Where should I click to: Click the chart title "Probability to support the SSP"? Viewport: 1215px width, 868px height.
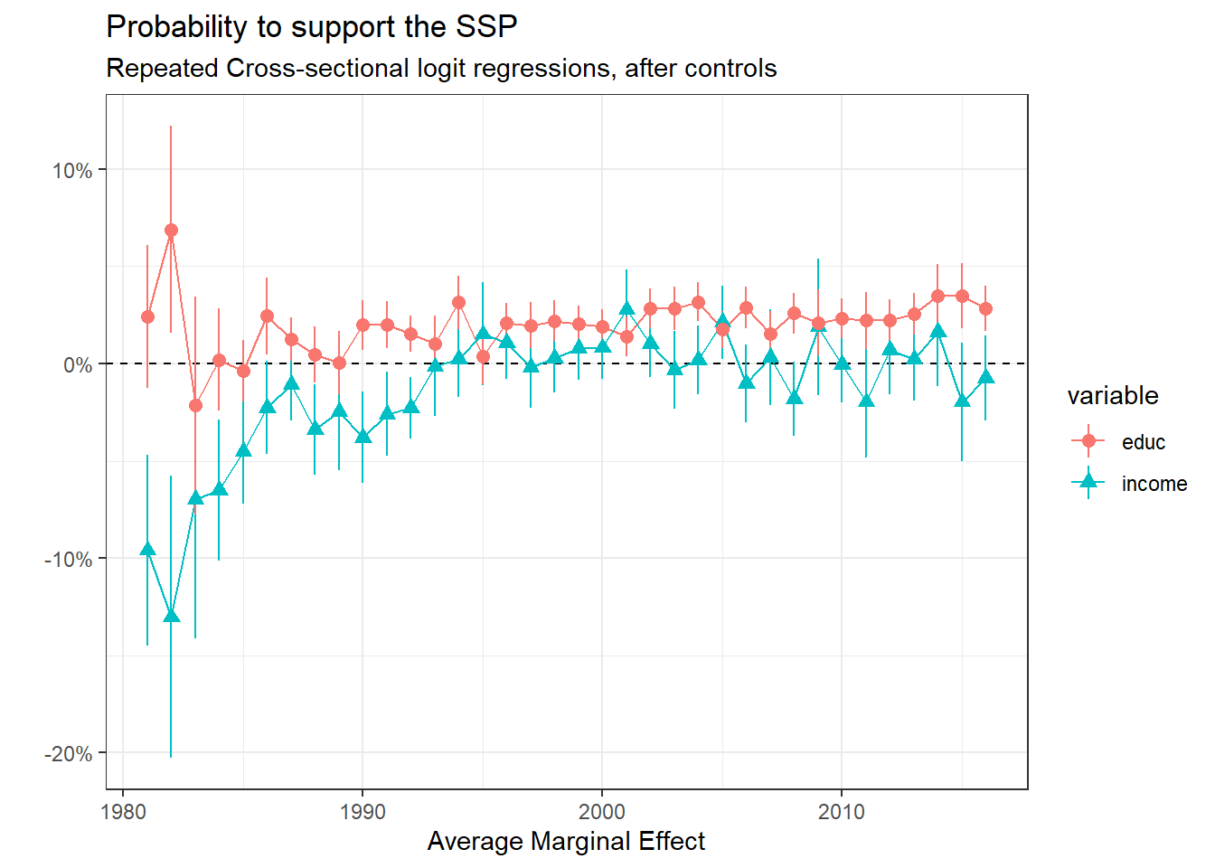click(x=312, y=27)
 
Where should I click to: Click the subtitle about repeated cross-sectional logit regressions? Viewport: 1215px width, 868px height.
click(x=441, y=69)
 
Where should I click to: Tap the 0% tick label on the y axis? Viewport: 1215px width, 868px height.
click(x=78, y=365)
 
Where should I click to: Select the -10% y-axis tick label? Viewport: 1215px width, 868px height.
click(x=69, y=560)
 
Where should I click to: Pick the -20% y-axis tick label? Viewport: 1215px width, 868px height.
click(x=69, y=754)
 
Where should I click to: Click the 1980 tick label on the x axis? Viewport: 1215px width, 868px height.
click(x=123, y=812)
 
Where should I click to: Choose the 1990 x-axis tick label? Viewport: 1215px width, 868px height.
click(x=363, y=812)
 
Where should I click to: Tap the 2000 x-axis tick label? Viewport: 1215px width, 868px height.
click(x=602, y=812)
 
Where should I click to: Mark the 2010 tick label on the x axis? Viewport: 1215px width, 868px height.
click(x=842, y=812)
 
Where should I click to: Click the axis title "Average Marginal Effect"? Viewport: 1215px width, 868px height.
click(x=566, y=842)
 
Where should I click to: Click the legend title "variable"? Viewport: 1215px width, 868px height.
click(x=1112, y=396)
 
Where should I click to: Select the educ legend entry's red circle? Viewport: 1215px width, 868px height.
click(x=1088, y=441)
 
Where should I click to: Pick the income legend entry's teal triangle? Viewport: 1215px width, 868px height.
click(x=1088, y=483)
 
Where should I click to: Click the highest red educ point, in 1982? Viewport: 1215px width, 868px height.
click(x=171, y=231)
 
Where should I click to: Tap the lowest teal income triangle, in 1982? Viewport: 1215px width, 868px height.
click(x=171, y=616)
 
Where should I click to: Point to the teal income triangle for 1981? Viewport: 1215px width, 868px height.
click(x=147, y=549)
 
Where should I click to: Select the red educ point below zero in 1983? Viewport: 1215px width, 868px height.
click(x=195, y=405)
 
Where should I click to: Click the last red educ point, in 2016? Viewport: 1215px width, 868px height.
click(x=985, y=308)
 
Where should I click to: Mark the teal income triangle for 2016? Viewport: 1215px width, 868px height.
click(x=985, y=376)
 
